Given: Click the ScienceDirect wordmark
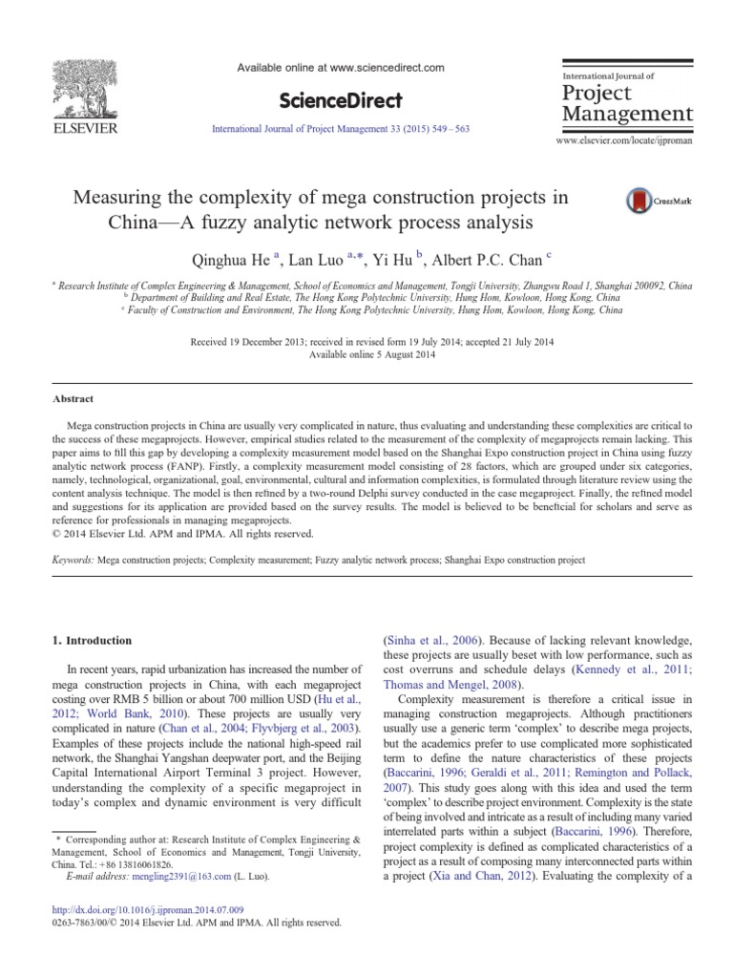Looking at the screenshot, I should (x=340, y=100).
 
